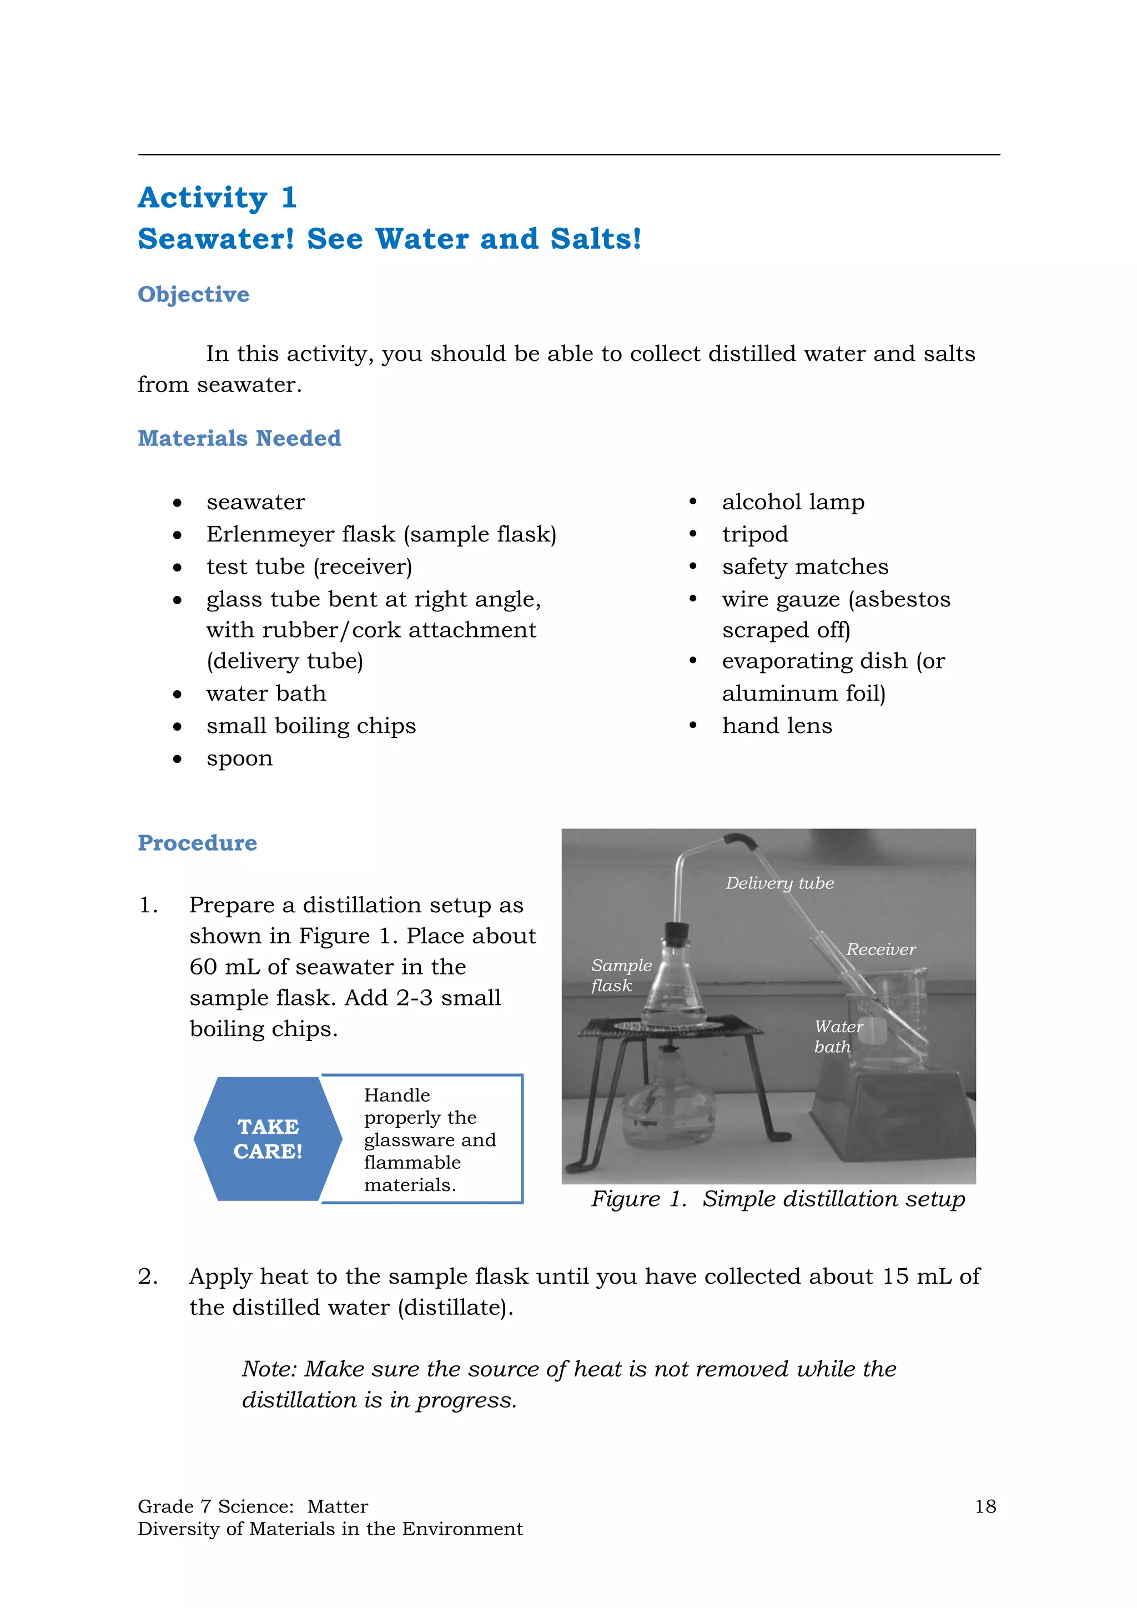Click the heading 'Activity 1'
pyautogui.click(x=217, y=198)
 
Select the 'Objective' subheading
pyautogui.click(x=193, y=294)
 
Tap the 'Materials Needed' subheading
pyautogui.click(x=239, y=439)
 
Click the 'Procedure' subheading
pyautogui.click(x=198, y=842)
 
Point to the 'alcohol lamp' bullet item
pyautogui.click(x=793, y=502)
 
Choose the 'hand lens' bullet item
pyautogui.click(x=777, y=726)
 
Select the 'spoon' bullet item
pyautogui.click(x=239, y=758)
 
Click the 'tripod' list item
pyautogui.click(x=754, y=534)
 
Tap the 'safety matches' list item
pyautogui.click(x=805, y=566)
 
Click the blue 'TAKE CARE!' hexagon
pyautogui.click(x=268, y=1139)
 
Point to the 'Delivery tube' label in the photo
pyautogui.click(x=779, y=883)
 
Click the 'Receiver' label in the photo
pyautogui.click(x=880, y=949)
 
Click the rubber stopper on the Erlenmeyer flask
pyautogui.click(x=676, y=933)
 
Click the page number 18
pyautogui.click(x=985, y=1506)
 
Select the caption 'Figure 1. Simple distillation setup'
pyautogui.click(x=777, y=1199)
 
